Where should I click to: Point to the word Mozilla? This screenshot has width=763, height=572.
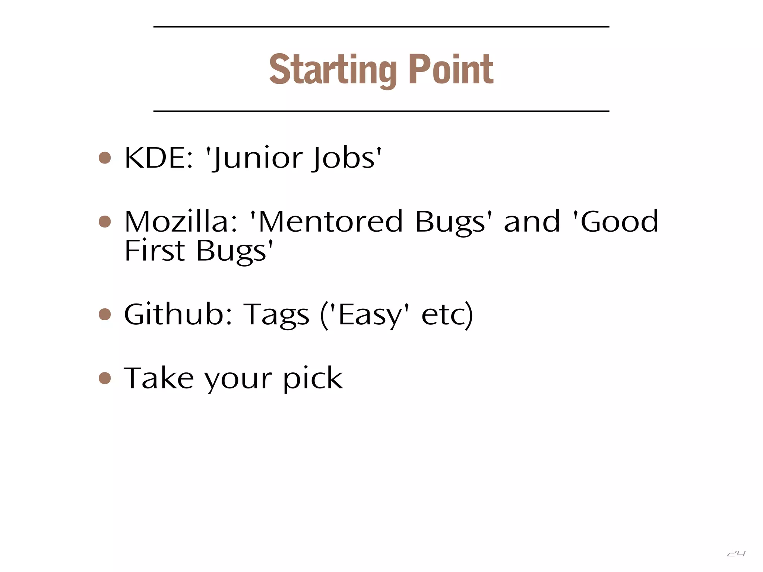tap(181, 222)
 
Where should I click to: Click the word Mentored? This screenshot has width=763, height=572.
tap(330, 222)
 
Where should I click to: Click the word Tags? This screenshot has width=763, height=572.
tap(276, 315)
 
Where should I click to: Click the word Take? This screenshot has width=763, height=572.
tap(159, 378)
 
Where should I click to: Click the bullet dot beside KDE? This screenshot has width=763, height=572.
tap(105, 158)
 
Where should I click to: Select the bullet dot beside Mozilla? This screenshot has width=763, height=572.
tap(105, 222)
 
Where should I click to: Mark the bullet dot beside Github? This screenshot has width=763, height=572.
tap(105, 314)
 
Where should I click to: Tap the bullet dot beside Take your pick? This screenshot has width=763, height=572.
tap(105, 378)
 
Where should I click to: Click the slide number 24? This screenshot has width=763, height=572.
tap(736, 554)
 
